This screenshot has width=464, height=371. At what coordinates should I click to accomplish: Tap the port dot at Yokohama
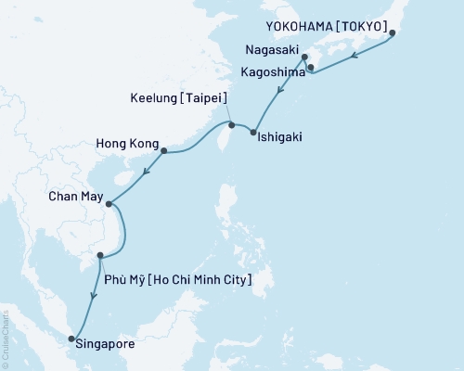[x=393, y=34]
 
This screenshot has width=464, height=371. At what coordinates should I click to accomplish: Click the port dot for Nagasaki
[x=304, y=58]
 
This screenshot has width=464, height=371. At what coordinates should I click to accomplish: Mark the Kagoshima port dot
[x=310, y=67]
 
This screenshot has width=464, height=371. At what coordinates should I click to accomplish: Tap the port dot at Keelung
[x=231, y=123]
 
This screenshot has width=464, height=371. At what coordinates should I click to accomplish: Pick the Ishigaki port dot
[x=253, y=133]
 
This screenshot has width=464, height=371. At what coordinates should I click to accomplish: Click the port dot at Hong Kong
[x=163, y=150]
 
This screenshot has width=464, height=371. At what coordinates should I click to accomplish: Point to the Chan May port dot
[x=109, y=204]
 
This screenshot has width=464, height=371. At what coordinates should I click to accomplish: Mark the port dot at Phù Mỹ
[x=99, y=255]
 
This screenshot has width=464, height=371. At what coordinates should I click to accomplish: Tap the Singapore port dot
[x=72, y=339]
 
